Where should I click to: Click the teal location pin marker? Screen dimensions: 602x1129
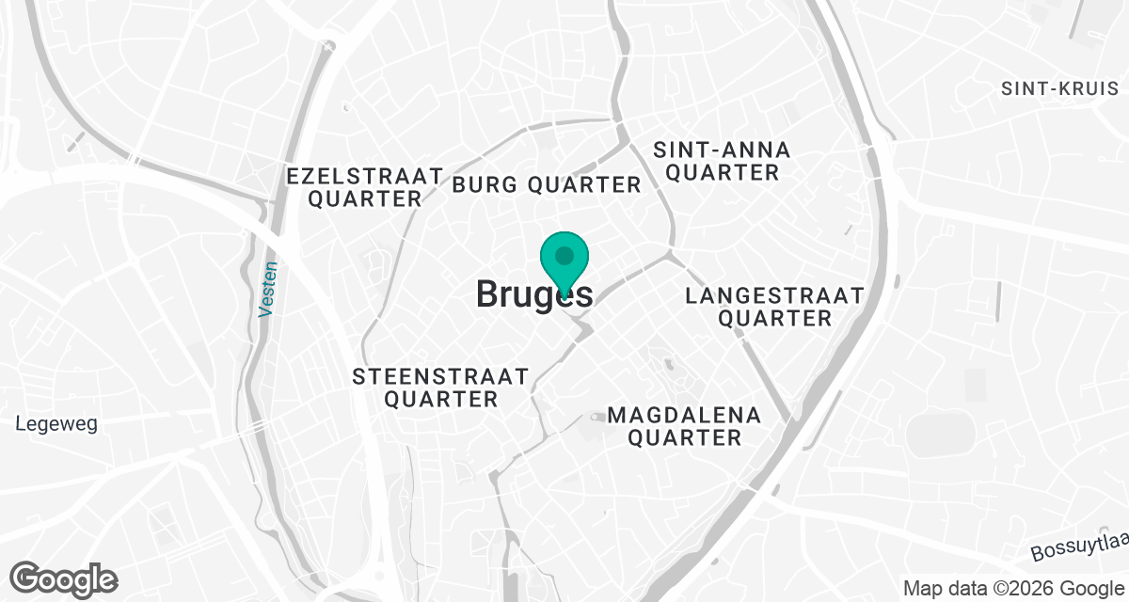564,259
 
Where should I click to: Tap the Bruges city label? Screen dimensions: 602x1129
533,294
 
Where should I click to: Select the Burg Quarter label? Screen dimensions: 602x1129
546,184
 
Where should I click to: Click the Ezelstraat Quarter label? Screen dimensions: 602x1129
365,187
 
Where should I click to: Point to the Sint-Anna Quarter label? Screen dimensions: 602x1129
722,161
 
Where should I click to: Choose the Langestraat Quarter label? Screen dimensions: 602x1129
774,307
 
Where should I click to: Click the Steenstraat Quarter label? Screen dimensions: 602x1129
440,388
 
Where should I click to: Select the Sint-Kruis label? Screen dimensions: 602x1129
1060,88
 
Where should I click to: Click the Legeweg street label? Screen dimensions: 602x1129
56,424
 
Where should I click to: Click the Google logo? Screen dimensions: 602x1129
64,578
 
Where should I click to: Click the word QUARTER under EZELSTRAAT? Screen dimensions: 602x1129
365,199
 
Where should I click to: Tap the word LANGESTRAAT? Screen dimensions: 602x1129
774,295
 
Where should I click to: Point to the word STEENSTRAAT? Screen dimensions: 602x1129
440,377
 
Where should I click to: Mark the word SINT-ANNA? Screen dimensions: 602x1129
722,150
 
